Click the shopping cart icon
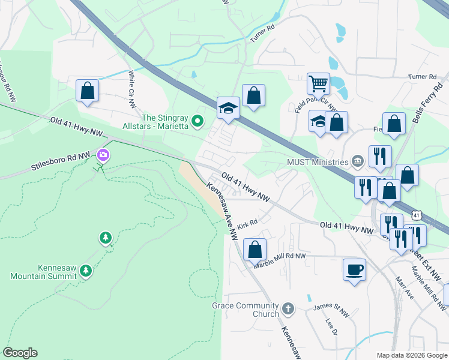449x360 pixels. (x=318, y=83)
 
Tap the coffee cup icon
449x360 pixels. (x=354, y=268)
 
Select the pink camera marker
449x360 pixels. (x=103, y=155)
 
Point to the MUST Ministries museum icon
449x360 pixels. (x=358, y=161)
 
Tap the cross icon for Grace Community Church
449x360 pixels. (x=288, y=309)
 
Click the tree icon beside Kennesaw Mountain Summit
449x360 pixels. (x=86, y=271)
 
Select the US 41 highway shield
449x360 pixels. (x=417, y=215)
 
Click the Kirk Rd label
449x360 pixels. (x=247, y=224)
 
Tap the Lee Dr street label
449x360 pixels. (x=329, y=326)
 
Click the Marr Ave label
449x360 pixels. (x=404, y=288)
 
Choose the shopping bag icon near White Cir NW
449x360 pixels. (x=87, y=91)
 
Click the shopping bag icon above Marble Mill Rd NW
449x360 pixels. (x=255, y=248)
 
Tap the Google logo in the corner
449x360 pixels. (x=20, y=353)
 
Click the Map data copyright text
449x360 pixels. (x=411, y=355)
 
